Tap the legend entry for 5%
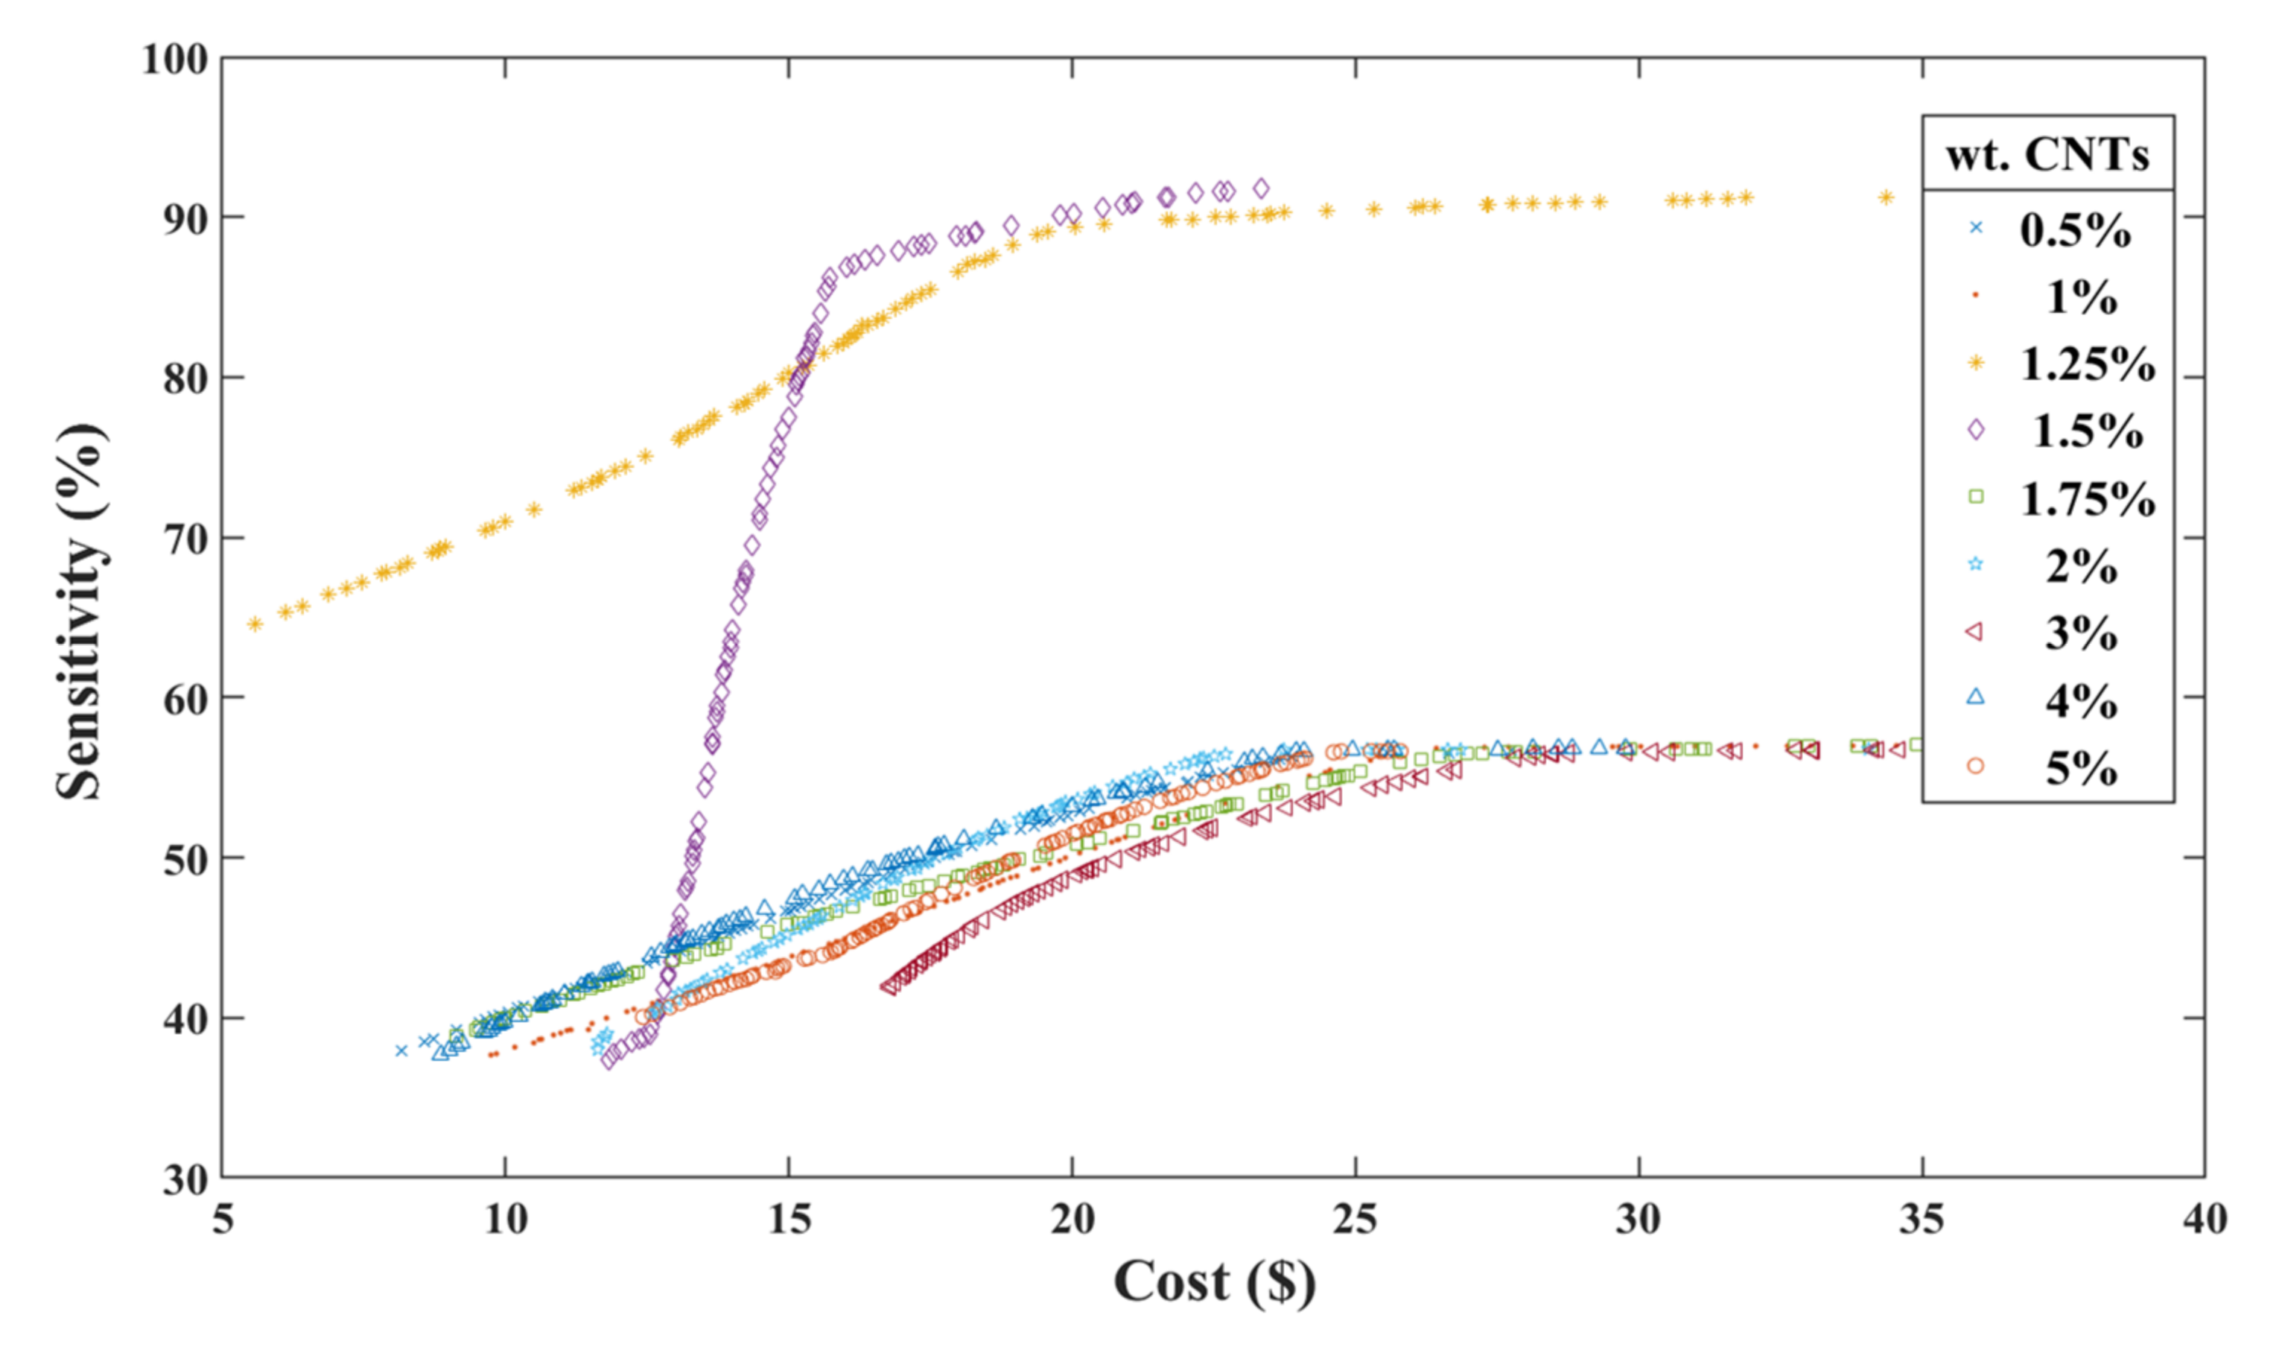click(x=2081, y=769)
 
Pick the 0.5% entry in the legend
click(x=2074, y=229)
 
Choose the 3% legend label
click(x=2081, y=633)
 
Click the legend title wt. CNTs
click(x=2047, y=155)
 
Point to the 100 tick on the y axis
click(x=175, y=60)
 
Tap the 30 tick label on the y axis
click(x=186, y=1180)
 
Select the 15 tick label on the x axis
click(x=789, y=1219)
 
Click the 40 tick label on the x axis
click(x=2204, y=1219)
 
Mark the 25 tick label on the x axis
click(x=1355, y=1219)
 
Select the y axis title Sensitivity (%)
click(x=80, y=612)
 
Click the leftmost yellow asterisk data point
click(x=255, y=624)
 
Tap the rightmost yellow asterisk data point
click(x=1886, y=197)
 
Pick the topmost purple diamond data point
click(x=1260, y=188)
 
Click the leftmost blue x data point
click(x=401, y=1050)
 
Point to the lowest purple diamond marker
click(x=608, y=1060)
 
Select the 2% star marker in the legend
click(x=1975, y=565)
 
